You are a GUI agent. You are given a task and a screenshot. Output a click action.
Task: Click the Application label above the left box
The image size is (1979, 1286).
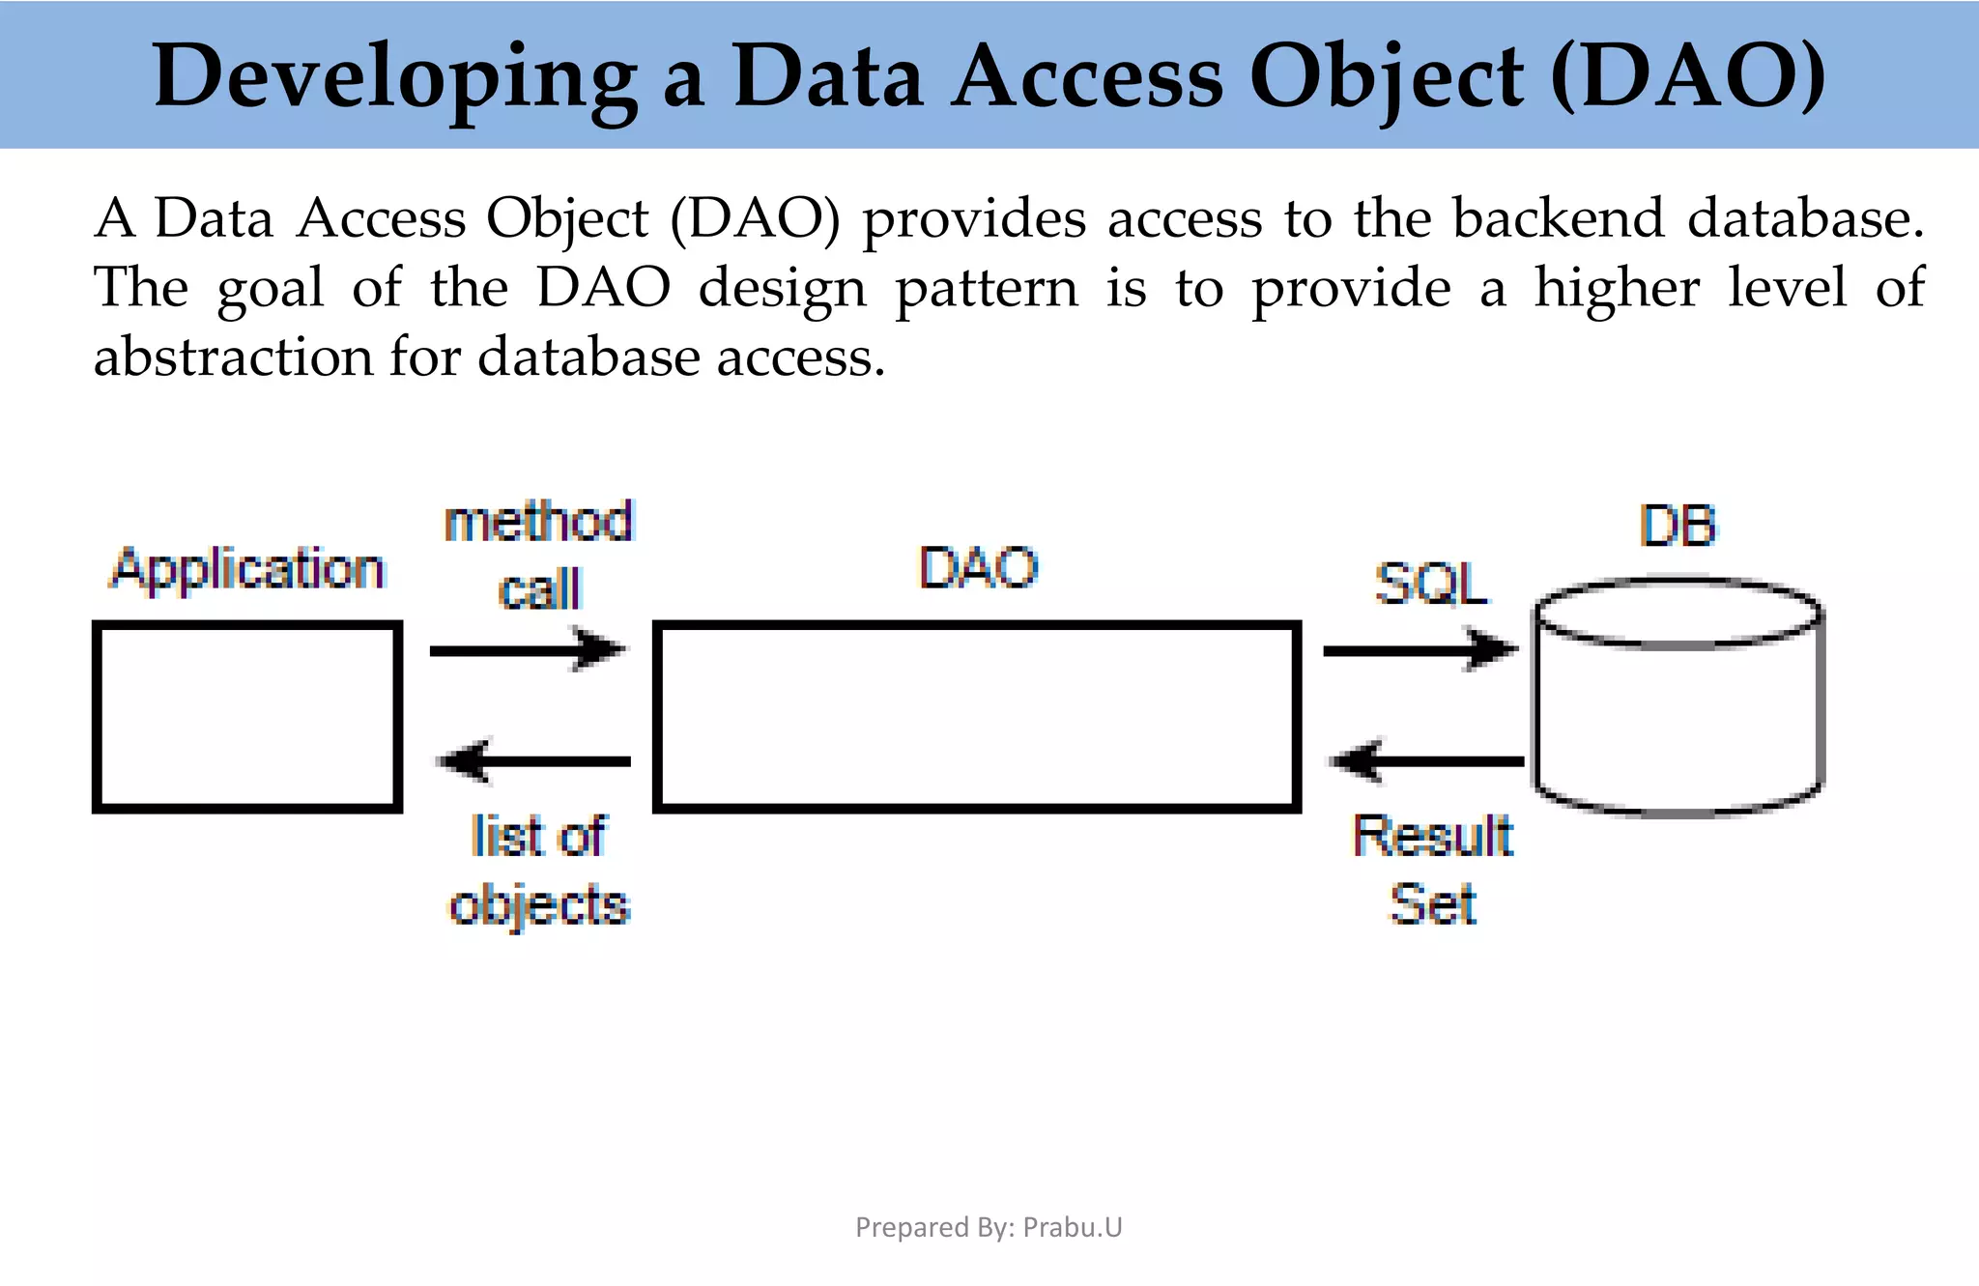pyautogui.click(x=247, y=569)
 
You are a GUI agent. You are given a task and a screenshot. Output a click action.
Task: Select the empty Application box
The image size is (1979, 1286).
pyautogui.click(x=247, y=716)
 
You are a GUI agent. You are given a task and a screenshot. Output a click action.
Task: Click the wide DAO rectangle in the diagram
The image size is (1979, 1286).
pyautogui.click(x=976, y=716)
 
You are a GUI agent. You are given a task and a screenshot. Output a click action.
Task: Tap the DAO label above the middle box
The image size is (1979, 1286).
pyautogui.click(x=978, y=567)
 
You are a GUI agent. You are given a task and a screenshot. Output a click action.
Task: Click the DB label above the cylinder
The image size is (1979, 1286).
pyautogui.click(x=1678, y=527)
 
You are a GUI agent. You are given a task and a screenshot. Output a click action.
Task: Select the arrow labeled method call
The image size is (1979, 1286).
pyautogui.click(x=528, y=649)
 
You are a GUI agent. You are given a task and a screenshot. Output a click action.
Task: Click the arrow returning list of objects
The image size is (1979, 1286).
pyautogui.click(x=535, y=761)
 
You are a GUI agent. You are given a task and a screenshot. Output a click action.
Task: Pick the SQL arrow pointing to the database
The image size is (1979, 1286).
pyautogui.click(x=1419, y=649)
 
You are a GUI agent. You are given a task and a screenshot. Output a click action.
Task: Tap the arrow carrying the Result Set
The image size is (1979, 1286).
pyautogui.click(x=1427, y=761)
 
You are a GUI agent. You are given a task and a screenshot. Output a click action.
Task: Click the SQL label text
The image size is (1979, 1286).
pyautogui.click(x=1430, y=584)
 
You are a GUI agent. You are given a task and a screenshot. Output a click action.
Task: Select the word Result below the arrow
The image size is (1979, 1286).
pyautogui.click(x=1432, y=836)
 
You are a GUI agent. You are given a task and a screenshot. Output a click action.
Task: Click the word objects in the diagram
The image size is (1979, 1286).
pyautogui.click(x=539, y=906)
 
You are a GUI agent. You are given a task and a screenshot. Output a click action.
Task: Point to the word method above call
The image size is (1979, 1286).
pyautogui.click(x=538, y=523)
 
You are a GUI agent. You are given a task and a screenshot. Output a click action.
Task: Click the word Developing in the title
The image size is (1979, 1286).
pyautogui.click(x=394, y=77)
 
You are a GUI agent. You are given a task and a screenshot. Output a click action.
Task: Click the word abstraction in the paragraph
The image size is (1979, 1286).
pyautogui.click(x=232, y=357)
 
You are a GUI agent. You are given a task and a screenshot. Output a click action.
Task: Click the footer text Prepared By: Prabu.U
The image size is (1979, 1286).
pyautogui.click(x=989, y=1227)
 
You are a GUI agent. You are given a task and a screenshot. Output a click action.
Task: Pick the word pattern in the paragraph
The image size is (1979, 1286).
pyautogui.click(x=987, y=288)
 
